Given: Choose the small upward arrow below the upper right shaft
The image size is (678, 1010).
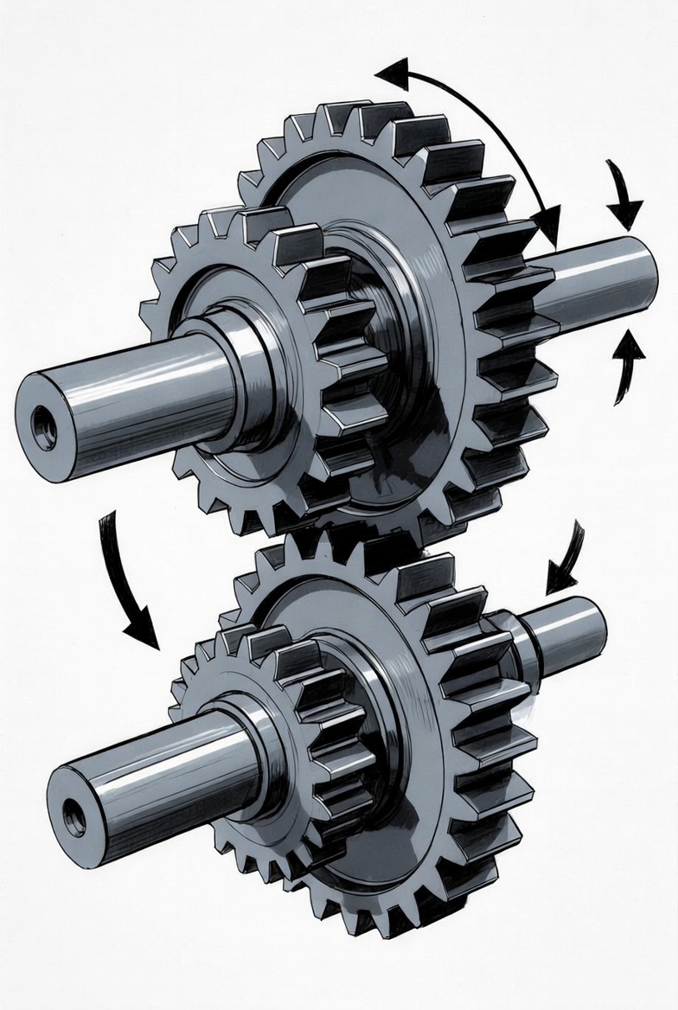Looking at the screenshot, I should pos(628,364).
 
